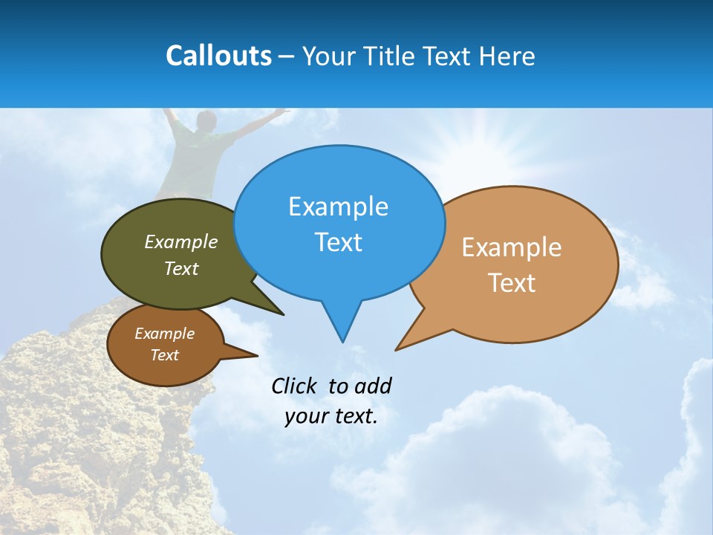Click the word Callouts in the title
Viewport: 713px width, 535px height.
[218, 56]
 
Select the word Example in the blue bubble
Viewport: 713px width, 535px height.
[338, 207]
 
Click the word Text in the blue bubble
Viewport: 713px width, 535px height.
[338, 242]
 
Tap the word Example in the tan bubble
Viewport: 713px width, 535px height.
[512, 247]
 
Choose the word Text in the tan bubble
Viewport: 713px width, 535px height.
[512, 283]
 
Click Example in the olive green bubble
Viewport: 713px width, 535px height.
[181, 241]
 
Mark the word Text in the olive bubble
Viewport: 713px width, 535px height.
[181, 268]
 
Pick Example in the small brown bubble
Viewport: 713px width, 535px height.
[164, 334]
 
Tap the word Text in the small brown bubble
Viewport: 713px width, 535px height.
[164, 355]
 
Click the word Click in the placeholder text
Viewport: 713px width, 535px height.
[294, 386]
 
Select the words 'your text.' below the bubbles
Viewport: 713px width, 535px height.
[331, 416]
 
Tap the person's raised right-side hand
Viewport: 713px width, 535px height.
[281, 111]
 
